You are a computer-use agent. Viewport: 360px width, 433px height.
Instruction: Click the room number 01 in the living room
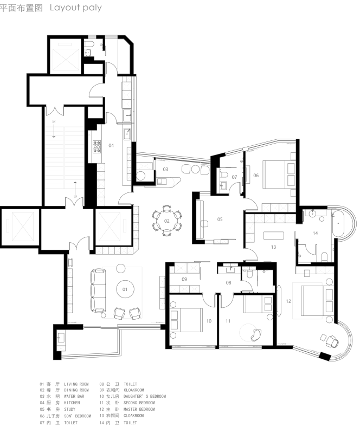pos(125,289)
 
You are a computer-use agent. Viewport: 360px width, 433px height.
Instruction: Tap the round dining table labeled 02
pos(167,221)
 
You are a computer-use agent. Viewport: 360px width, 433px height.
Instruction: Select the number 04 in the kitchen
pos(111,145)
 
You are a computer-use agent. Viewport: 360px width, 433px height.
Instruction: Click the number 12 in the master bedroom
pos(288,301)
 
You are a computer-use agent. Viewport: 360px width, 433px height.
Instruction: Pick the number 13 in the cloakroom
pos(274,247)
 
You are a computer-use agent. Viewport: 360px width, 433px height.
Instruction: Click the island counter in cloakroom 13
pos(273,235)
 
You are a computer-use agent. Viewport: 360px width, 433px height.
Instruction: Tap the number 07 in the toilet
pos(235,177)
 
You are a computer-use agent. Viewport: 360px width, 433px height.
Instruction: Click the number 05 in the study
pos(220,219)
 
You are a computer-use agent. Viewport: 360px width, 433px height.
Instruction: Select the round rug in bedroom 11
pos(250,331)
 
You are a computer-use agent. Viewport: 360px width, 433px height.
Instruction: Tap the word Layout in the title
pos(63,8)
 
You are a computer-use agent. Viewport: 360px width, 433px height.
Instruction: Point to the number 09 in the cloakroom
pos(184,279)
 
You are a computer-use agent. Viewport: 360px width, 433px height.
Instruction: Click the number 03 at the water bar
pos(165,170)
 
